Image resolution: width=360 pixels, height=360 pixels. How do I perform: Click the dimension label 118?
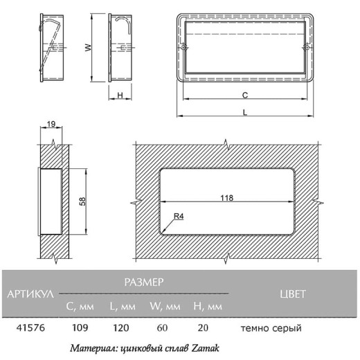click(x=226, y=198)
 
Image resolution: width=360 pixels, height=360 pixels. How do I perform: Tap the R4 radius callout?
click(x=179, y=216)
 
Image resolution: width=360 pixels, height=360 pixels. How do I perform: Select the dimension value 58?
click(x=82, y=201)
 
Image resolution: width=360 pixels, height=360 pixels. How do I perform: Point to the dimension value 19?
click(x=51, y=124)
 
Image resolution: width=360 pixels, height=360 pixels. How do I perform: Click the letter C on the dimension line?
click(x=245, y=95)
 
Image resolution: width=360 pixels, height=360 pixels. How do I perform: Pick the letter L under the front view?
click(x=245, y=113)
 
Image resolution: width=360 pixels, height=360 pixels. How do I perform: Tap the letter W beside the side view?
click(x=88, y=48)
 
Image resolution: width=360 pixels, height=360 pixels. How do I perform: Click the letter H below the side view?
click(x=120, y=95)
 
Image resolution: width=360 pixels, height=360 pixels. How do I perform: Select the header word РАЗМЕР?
click(x=144, y=282)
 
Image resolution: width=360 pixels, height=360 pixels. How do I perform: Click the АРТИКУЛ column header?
click(x=30, y=294)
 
